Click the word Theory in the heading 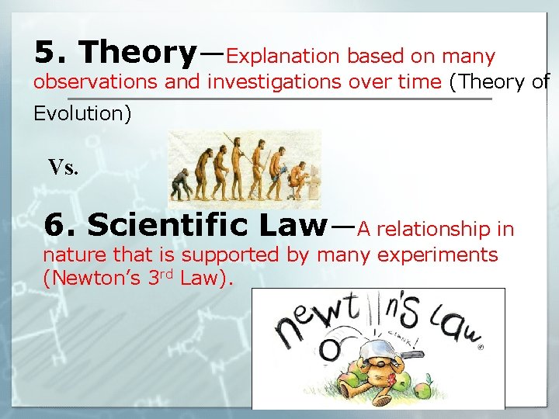pos(138,52)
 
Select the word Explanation pos(283,57)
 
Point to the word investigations pos(273,82)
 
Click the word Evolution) pos(82,113)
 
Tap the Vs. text pos(64,167)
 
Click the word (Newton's pos(92,277)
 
